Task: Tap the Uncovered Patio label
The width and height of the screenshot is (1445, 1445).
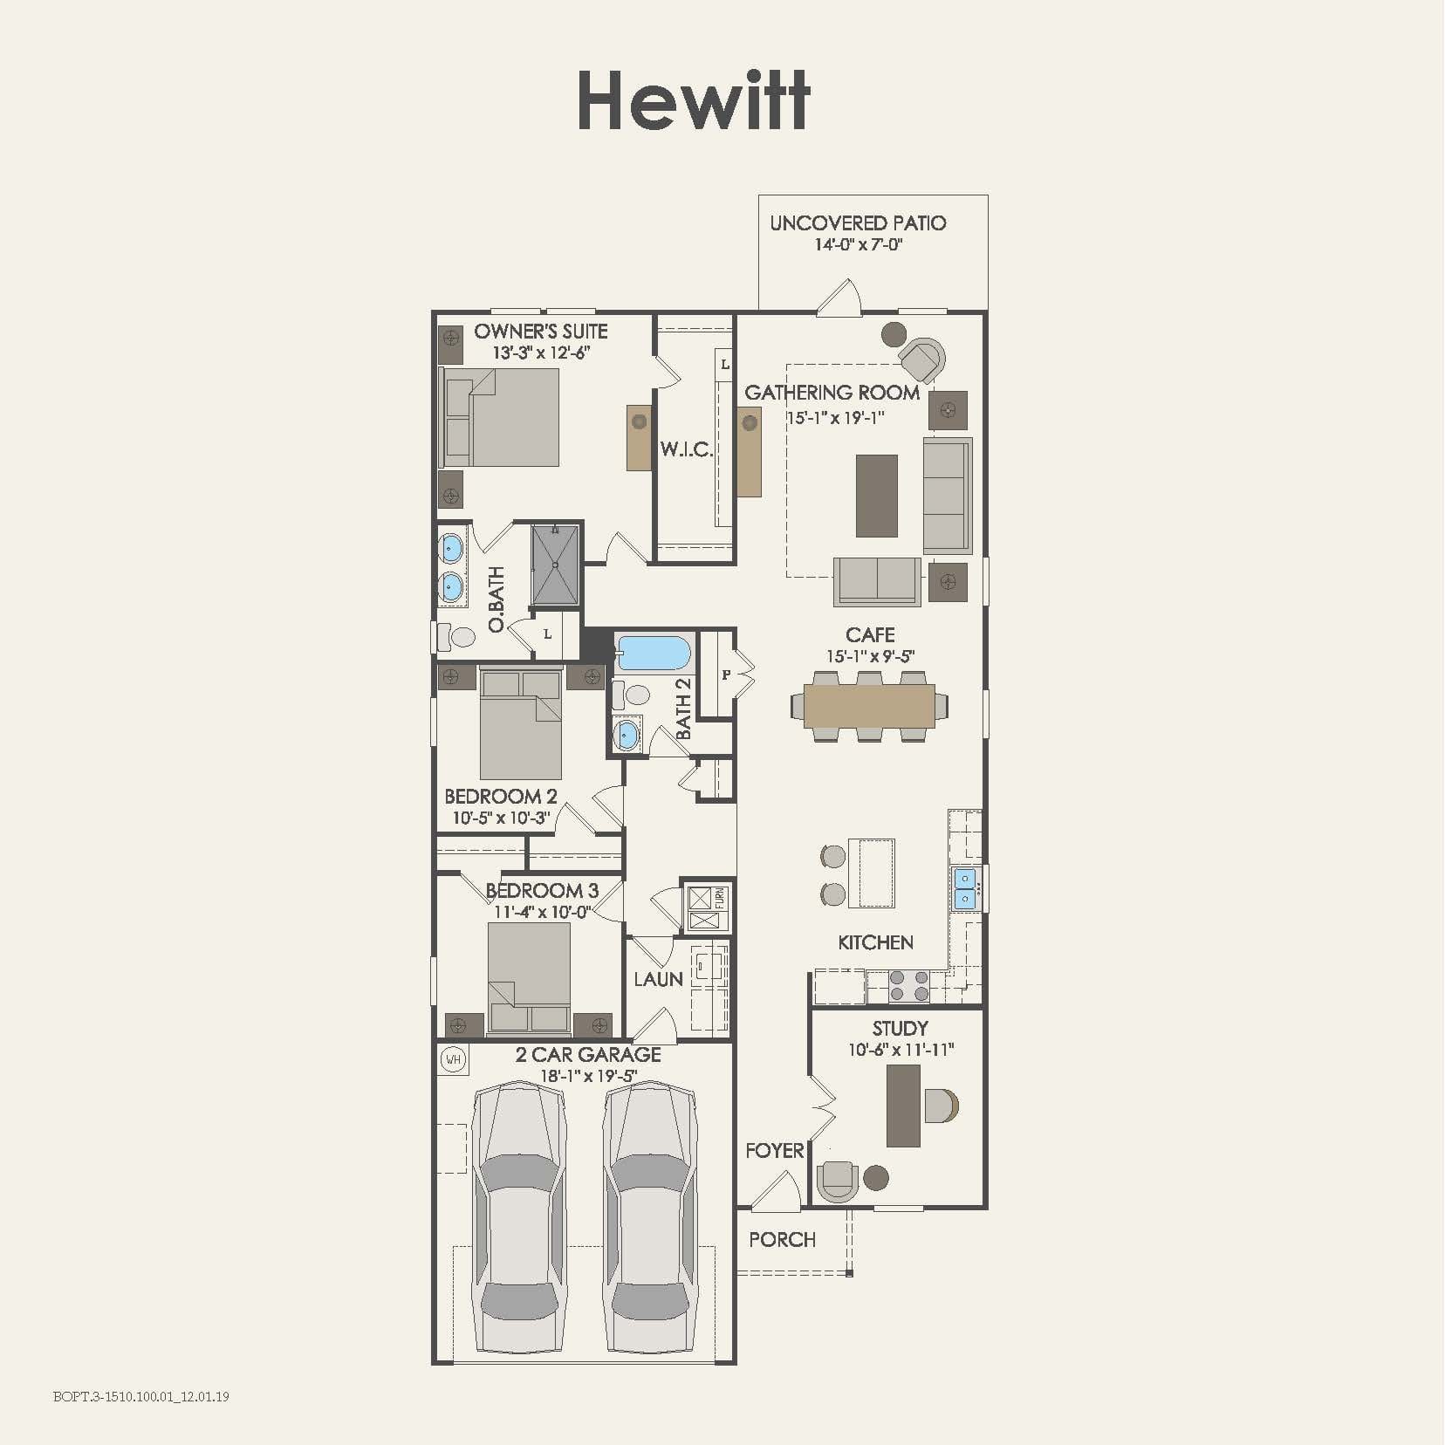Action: pyautogui.click(x=858, y=223)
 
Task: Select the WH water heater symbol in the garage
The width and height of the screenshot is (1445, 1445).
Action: pyautogui.click(x=453, y=1060)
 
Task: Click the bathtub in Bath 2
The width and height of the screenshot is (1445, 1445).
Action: pyautogui.click(x=654, y=654)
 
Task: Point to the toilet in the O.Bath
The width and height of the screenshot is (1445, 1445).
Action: pyautogui.click(x=457, y=637)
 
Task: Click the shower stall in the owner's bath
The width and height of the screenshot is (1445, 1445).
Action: pyautogui.click(x=555, y=565)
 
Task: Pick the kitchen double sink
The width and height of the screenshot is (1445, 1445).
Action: pyautogui.click(x=964, y=887)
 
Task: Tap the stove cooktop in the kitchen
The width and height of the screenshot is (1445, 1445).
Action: pyautogui.click(x=908, y=986)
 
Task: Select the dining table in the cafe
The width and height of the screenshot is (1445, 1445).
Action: pyautogui.click(x=869, y=706)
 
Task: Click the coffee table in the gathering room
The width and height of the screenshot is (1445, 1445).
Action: pyautogui.click(x=876, y=495)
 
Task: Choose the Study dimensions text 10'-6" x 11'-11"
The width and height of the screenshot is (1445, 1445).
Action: pyautogui.click(x=901, y=1050)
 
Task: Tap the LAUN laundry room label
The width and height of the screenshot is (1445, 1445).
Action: pyautogui.click(x=658, y=979)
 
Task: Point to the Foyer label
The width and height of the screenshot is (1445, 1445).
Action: pyautogui.click(x=774, y=1151)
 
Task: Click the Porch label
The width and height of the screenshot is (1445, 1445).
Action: pyautogui.click(x=782, y=1240)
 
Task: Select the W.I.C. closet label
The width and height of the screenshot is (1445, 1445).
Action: pyautogui.click(x=686, y=450)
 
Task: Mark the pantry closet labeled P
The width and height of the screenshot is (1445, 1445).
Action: pyautogui.click(x=725, y=675)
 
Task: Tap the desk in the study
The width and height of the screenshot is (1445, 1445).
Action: pyautogui.click(x=903, y=1106)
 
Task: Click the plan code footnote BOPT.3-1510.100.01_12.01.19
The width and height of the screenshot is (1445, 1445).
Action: pyautogui.click(x=141, y=1396)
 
